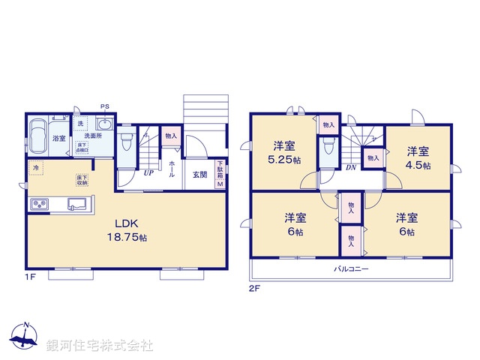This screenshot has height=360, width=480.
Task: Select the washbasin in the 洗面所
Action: pyautogui.click(x=105, y=124)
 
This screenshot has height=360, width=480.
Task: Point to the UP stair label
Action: pyautogui.click(x=149, y=173)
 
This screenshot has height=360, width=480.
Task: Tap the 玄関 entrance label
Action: pyautogui.click(x=199, y=175)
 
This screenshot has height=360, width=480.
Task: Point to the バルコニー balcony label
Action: pyautogui.click(x=351, y=268)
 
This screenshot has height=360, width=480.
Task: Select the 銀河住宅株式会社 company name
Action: pyautogui.click(x=100, y=345)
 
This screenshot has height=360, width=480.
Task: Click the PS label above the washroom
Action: pyautogui.click(x=104, y=106)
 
